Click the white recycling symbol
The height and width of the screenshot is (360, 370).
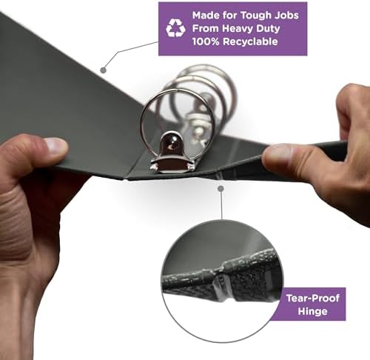point(175,28)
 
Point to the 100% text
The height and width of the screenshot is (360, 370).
point(206,41)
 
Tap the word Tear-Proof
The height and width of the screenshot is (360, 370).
point(313,299)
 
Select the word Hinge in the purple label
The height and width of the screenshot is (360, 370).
point(312,311)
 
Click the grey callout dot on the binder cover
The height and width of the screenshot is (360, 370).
point(104,70)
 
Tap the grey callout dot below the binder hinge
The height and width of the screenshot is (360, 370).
point(221,189)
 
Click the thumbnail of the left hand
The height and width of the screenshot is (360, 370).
point(56,147)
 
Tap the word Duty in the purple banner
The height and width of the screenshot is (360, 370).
point(268,29)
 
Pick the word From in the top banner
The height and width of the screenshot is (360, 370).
point(206,29)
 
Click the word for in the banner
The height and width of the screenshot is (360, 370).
point(229,16)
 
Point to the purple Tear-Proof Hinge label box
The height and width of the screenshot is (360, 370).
point(312,304)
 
